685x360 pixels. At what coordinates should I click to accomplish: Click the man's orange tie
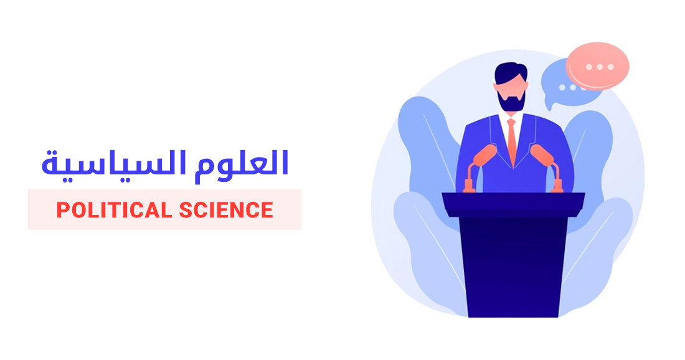tap(512, 141)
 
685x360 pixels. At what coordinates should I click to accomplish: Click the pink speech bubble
tap(598, 65)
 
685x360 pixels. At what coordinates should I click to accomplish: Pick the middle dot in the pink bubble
tap(600, 67)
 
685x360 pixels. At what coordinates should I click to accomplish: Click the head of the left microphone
tap(484, 155)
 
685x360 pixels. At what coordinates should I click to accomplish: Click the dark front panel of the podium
tap(513, 268)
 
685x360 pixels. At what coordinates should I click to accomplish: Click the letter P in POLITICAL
tap(62, 211)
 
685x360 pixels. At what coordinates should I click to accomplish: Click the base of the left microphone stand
tap(469, 186)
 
